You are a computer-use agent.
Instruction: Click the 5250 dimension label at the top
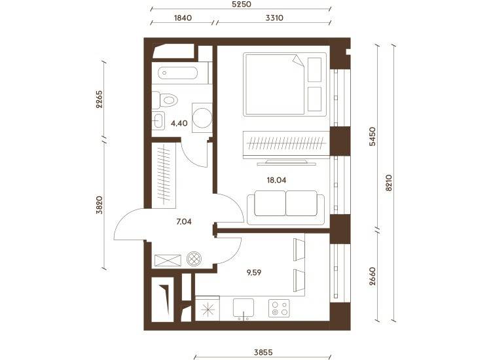click(242, 5)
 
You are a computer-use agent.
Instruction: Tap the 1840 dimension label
click(183, 18)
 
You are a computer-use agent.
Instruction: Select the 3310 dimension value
click(274, 18)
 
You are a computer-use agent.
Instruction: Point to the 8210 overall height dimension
click(389, 183)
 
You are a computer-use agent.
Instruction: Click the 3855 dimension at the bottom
click(263, 353)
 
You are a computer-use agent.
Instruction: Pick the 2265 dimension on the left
click(99, 99)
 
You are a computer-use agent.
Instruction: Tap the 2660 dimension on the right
click(372, 276)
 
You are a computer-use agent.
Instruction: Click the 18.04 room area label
click(276, 180)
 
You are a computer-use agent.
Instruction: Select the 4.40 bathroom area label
click(179, 123)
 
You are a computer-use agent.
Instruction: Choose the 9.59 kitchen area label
click(254, 273)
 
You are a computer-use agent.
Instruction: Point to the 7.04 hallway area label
click(184, 222)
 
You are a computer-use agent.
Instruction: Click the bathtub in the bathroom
click(178, 73)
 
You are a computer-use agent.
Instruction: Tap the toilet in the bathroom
click(165, 100)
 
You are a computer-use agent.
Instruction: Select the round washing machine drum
click(202, 118)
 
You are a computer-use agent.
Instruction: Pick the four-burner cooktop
click(280, 308)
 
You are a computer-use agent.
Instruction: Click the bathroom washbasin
click(158, 120)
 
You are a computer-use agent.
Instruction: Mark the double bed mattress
click(274, 84)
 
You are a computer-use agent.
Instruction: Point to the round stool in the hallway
click(194, 259)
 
